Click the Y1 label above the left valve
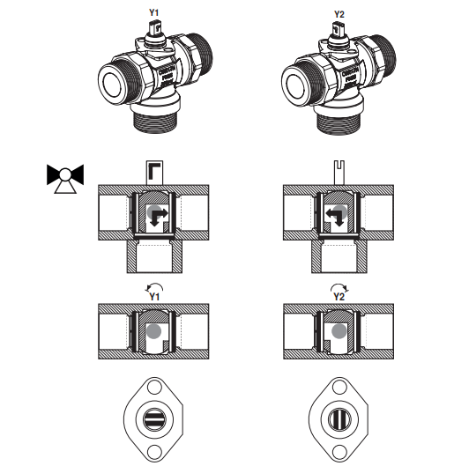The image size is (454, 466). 153,13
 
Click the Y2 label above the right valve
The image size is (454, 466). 339,14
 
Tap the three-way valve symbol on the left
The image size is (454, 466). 65,178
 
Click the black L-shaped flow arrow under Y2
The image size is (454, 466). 335,218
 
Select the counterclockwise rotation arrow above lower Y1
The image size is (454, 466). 154,288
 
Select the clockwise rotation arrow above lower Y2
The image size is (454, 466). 339,288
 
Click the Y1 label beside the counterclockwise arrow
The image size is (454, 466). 154,297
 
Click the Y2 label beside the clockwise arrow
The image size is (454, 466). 339,297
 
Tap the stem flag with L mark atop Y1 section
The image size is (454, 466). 154,173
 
